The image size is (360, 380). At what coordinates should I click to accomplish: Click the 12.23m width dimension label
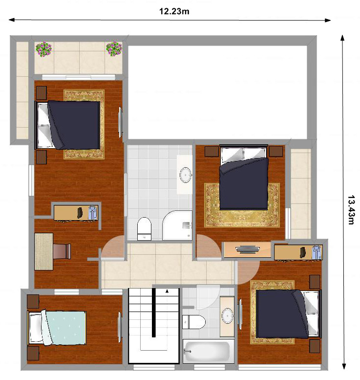[x=174, y=11]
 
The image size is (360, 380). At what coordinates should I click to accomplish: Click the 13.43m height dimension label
[x=351, y=210]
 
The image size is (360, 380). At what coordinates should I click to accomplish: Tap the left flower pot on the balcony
[x=44, y=49]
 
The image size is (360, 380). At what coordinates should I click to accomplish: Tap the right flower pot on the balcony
[x=114, y=49]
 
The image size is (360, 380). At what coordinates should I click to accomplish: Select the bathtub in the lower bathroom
[x=206, y=351]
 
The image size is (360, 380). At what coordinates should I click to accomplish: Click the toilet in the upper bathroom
[x=144, y=229]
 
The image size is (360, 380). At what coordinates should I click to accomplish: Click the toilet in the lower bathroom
[x=194, y=322]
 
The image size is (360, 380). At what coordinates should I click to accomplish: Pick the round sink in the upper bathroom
[x=186, y=175]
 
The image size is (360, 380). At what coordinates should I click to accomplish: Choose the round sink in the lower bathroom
[x=228, y=315]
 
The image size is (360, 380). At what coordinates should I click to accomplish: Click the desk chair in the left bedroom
[x=62, y=251]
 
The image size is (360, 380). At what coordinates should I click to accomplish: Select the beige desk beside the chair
[x=44, y=251]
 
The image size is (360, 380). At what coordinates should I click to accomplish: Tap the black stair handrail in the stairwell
[x=154, y=313]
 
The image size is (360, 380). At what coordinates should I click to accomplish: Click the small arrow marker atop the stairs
[x=167, y=291]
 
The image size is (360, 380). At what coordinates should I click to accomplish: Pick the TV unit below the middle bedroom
[x=248, y=249]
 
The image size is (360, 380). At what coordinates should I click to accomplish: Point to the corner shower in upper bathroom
[x=177, y=225]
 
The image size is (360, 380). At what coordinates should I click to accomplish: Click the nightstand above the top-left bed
[x=42, y=93]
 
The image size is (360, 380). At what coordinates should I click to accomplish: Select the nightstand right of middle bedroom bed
[x=276, y=152]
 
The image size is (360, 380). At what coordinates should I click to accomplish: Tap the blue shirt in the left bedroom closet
[x=92, y=213]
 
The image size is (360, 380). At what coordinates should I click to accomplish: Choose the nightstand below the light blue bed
[x=33, y=353]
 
